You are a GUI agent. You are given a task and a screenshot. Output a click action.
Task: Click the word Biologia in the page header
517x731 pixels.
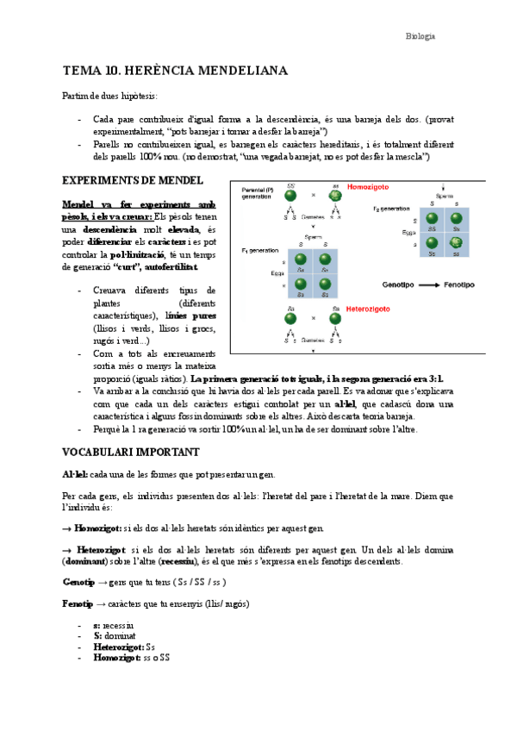click(420, 36)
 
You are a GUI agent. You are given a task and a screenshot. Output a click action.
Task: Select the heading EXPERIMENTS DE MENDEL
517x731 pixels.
click(133, 180)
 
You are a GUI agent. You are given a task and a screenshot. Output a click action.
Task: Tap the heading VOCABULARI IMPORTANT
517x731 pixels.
click(131, 452)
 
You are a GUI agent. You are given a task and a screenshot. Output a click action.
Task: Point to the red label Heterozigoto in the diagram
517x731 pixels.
click(368, 308)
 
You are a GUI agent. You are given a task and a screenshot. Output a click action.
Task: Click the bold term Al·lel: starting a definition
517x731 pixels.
click(75, 475)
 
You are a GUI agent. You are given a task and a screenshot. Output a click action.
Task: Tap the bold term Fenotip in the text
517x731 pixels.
click(78, 604)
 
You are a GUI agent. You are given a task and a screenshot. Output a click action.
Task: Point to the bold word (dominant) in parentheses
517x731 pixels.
click(91, 561)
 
